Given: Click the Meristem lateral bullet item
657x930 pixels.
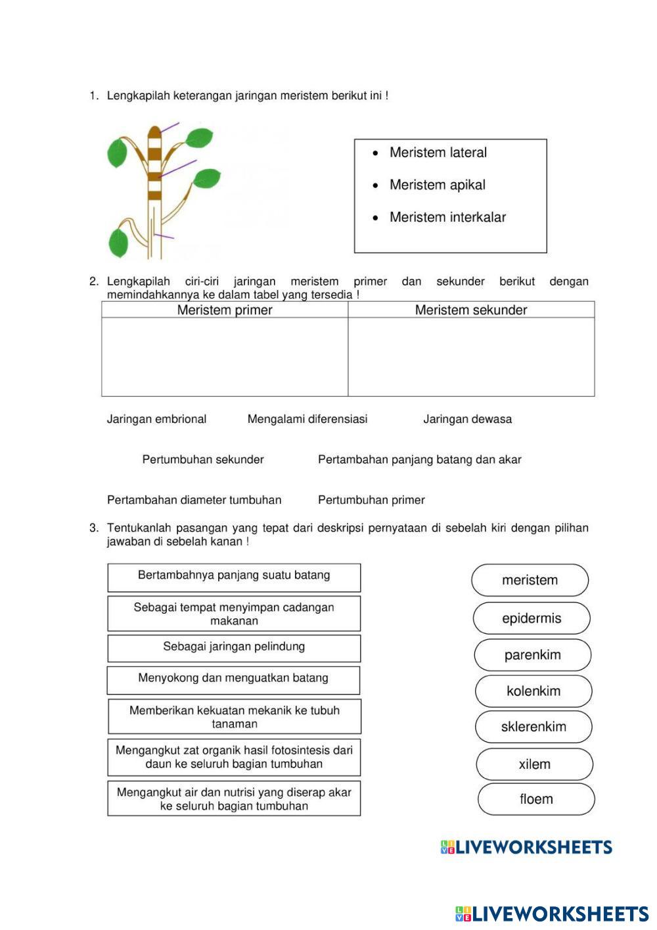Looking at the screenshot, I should (438, 153).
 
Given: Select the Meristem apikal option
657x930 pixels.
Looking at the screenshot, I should (437, 185).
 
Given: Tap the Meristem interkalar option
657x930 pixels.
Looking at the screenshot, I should (447, 217).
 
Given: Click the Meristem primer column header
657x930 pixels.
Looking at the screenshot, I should (225, 310).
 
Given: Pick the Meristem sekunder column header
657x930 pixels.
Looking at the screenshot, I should (471, 310).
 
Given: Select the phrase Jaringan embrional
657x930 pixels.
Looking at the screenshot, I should (156, 419).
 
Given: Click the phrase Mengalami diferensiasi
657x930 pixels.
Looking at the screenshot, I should (307, 419).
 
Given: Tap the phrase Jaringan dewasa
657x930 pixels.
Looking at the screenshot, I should (467, 419).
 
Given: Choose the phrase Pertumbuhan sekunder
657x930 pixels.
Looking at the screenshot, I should (203, 460).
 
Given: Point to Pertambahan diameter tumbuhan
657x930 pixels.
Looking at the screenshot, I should (194, 500).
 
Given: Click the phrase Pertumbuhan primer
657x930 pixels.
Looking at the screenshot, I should (371, 500).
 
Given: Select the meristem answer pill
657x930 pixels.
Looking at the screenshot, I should (530, 580).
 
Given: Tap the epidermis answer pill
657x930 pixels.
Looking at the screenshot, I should (532, 618).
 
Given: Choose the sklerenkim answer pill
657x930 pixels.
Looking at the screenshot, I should (533, 727).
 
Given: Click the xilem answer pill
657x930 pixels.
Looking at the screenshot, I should (535, 764).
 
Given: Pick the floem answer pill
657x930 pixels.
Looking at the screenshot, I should (536, 799).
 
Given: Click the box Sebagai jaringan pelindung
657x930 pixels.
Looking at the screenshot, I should (234, 648).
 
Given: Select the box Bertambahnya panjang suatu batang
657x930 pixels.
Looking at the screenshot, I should (234, 577).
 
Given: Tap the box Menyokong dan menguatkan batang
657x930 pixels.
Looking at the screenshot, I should (233, 680).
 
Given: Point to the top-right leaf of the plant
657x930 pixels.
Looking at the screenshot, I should (198, 138).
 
